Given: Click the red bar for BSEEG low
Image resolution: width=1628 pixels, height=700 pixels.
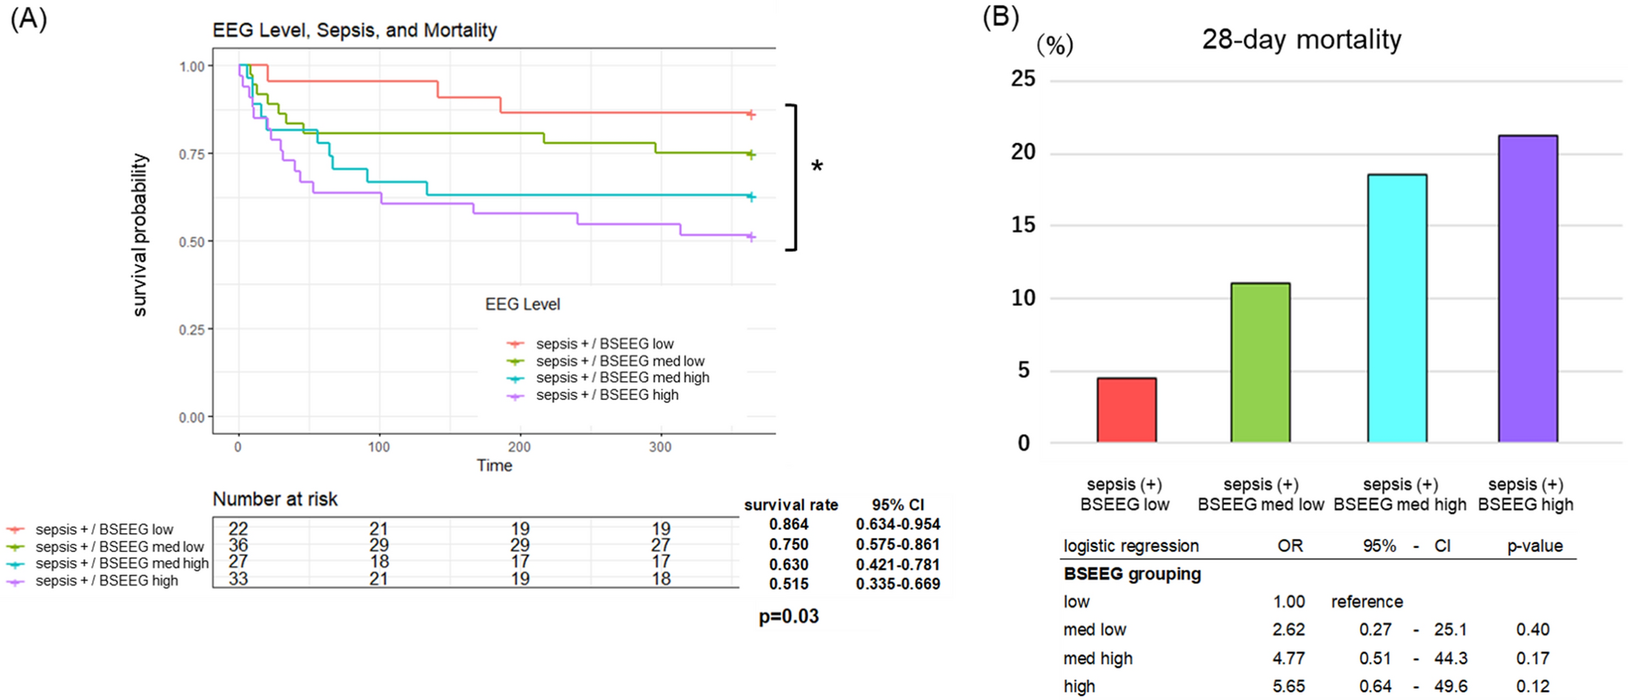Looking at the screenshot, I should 1126,411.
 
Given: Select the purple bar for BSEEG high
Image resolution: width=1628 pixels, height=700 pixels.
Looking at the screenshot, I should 1527,289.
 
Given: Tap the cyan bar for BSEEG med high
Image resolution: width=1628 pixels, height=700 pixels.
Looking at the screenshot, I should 1396,309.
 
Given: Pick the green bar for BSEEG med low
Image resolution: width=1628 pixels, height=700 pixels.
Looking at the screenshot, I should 1260,363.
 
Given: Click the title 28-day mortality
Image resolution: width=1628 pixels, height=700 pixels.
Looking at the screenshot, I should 1301,39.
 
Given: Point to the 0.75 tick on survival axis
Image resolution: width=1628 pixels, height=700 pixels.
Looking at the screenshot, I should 192,154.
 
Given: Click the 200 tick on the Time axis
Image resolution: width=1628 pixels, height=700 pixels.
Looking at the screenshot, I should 519,447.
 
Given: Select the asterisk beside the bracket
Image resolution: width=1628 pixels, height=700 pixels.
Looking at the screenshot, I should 816,167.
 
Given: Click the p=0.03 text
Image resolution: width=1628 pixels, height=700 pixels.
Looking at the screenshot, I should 788,616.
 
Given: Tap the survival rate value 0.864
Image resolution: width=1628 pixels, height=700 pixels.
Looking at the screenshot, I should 788,524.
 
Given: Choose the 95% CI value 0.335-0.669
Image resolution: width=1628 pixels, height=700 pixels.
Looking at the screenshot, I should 897,584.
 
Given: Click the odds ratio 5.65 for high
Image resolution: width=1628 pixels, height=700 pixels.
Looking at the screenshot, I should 1288,686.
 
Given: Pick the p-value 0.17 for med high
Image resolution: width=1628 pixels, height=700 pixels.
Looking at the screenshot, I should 1532,658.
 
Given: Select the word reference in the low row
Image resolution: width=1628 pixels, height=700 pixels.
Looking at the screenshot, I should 1366,602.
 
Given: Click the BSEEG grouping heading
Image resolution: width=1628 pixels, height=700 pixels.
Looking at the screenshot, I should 1132,574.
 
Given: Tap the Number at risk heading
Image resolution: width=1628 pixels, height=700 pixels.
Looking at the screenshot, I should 275,499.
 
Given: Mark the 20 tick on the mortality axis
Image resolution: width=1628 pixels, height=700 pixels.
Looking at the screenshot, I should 1023,152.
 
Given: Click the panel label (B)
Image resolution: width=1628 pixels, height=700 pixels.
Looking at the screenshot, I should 1000,17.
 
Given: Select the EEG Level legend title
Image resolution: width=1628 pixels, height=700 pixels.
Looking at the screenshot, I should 522,304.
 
